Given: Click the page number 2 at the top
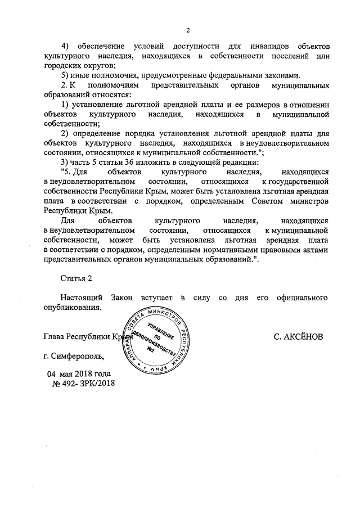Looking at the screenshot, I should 188,30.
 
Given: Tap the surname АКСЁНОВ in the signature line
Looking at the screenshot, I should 298,337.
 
